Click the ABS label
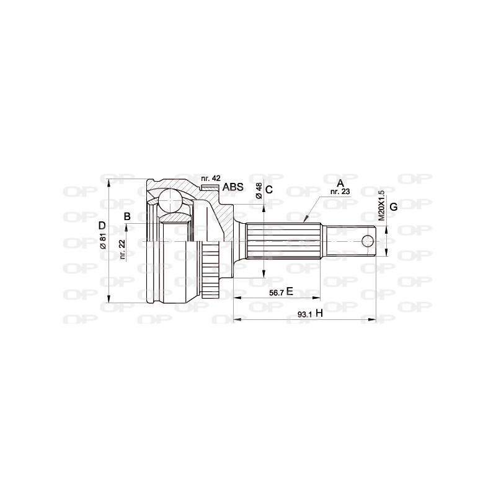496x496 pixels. point(232,187)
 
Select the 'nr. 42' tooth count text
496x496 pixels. point(210,178)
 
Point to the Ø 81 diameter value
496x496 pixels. point(104,240)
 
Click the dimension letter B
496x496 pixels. point(126,216)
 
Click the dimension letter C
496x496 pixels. point(269,189)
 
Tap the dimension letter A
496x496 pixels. point(339,183)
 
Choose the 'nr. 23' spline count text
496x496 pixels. point(340,192)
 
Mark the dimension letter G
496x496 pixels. point(393,206)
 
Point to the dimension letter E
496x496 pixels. point(289,291)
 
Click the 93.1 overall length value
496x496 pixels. point(304,314)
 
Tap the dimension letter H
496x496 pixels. point(319,314)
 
